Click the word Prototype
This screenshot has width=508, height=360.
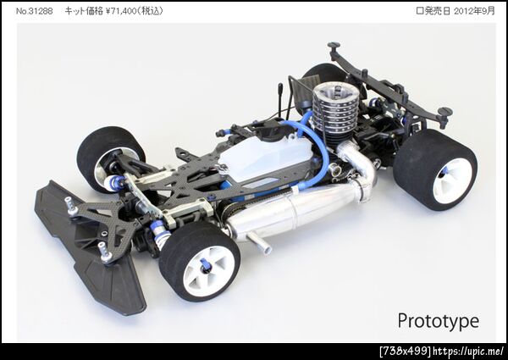(x=438, y=321)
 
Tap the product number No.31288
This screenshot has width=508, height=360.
(x=34, y=11)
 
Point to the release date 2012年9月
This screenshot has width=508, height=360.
(x=474, y=11)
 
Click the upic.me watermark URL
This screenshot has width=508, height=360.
(x=468, y=351)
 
